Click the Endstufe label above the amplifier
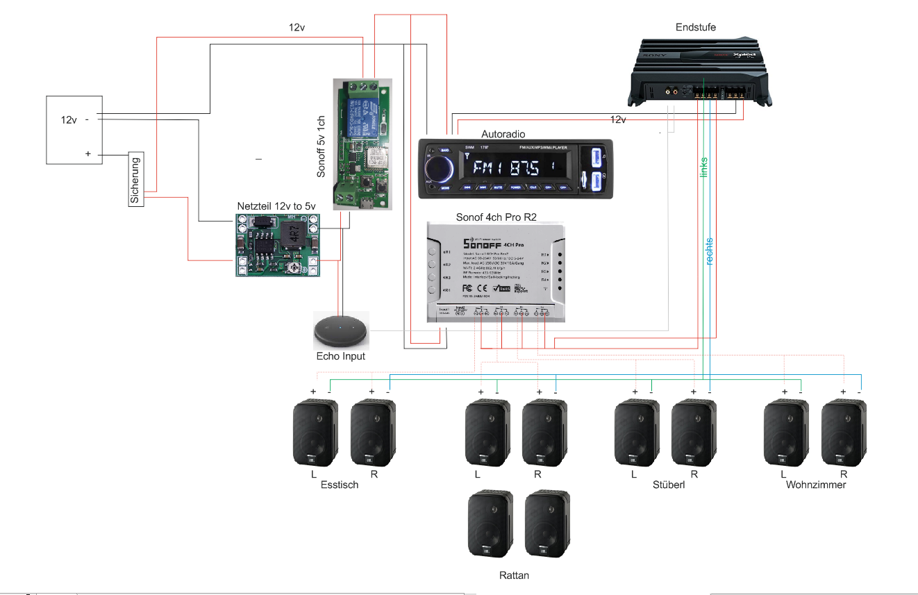(x=695, y=27)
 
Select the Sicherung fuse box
(x=135, y=178)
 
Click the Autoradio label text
(x=503, y=133)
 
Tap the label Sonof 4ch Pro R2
(x=496, y=217)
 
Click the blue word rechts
(x=709, y=251)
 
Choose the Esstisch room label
(x=340, y=485)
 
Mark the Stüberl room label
(x=669, y=485)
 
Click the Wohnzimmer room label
(x=816, y=485)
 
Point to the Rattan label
(x=514, y=576)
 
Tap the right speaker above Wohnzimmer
(x=844, y=433)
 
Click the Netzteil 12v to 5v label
(x=276, y=206)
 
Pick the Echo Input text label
(x=340, y=356)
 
